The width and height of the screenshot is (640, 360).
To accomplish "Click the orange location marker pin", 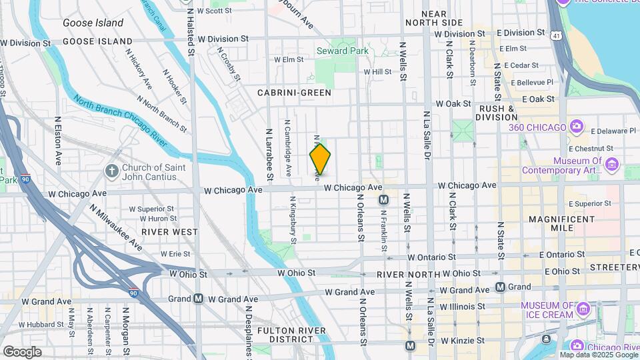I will tap(320, 159).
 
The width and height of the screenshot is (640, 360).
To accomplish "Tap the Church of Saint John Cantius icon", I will tap(111, 171).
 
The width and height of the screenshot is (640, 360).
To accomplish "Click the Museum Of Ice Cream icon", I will tap(583, 309).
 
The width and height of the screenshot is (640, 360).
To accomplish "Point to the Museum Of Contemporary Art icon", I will tap(611, 164).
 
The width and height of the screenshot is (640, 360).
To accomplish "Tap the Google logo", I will tap(22, 352).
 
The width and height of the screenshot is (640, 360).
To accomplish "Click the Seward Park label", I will tap(341, 51).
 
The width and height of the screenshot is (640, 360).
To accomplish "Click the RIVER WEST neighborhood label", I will tap(169, 232).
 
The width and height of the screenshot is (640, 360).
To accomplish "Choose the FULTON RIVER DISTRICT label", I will tap(285, 335).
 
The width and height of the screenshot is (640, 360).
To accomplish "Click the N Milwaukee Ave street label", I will tap(116, 227).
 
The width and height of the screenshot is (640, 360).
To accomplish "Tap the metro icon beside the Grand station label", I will tap(500, 287).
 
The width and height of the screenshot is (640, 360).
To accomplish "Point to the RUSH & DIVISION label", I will tap(497, 113).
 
